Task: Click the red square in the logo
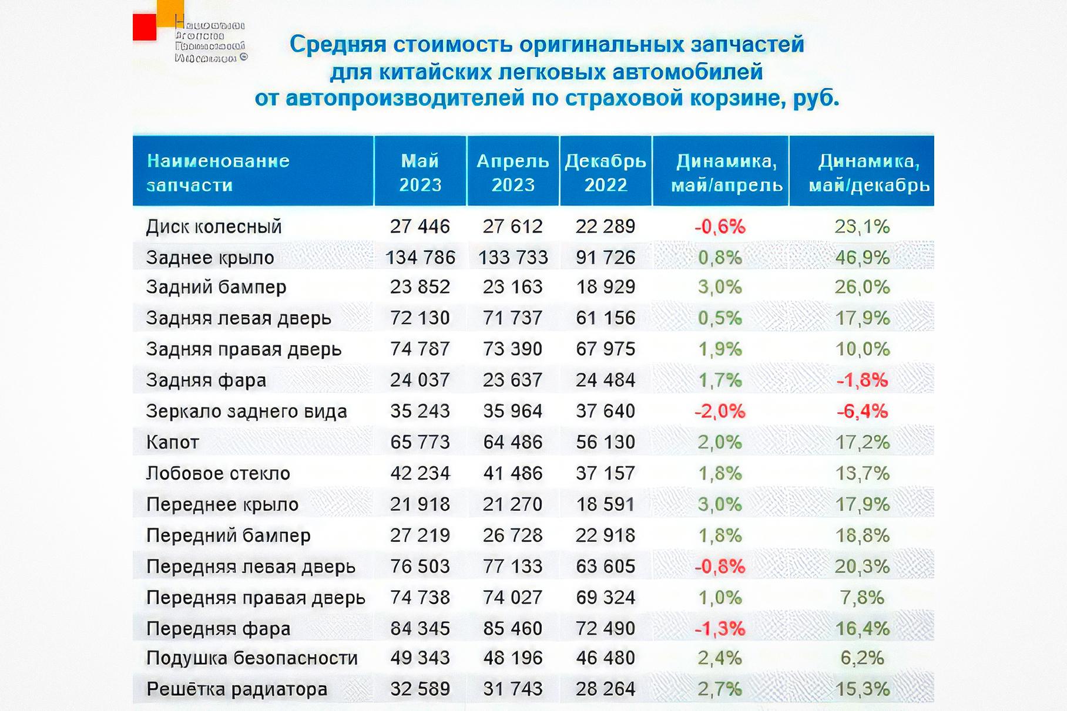(x=144, y=27)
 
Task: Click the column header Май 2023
(x=420, y=172)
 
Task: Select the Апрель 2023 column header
(x=513, y=172)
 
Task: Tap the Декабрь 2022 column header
(x=606, y=172)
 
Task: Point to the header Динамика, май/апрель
(x=727, y=172)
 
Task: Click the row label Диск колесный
(x=214, y=227)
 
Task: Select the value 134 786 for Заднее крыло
(x=420, y=257)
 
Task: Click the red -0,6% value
(x=720, y=227)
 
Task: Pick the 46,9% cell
(x=863, y=257)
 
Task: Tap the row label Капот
(x=173, y=442)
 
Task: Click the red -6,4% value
(x=862, y=411)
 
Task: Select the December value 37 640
(x=606, y=411)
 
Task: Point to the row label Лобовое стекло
(x=218, y=473)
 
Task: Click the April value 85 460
(x=513, y=628)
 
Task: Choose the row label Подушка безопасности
(x=252, y=658)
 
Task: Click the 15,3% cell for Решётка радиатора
(x=863, y=689)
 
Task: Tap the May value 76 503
(x=420, y=567)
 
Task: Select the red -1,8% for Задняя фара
(x=862, y=380)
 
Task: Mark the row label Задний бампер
(x=216, y=287)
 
